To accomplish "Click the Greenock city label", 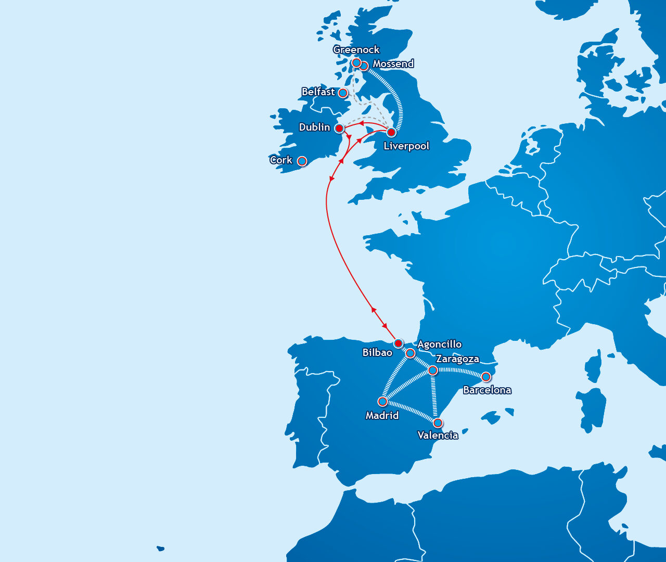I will [x=356, y=50].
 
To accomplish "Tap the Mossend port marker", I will [x=364, y=66].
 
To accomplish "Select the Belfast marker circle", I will [x=343, y=93].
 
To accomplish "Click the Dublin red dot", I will [x=339, y=128].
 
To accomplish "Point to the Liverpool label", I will [x=406, y=146].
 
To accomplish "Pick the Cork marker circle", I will [x=302, y=161].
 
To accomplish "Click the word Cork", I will [x=281, y=160].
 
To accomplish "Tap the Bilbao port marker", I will [x=398, y=343].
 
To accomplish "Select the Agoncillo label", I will [x=440, y=344].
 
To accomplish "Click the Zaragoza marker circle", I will [x=432, y=371].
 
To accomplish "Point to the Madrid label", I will [x=382, y=416].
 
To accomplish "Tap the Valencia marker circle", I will [x=438, y=423].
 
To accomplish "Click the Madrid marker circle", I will [x=382, y=402].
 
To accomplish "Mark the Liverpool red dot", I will [x=391, y=132].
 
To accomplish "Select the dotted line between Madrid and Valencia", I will [x=410, y=412].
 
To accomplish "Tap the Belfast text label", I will [x=318, y=92].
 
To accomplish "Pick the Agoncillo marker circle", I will [x=410, y=354].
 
